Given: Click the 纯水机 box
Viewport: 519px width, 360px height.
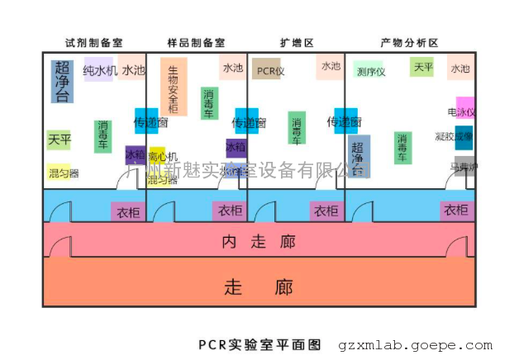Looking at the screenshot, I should pos(100,71).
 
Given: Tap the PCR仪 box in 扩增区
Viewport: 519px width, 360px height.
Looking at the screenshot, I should pos(268,70).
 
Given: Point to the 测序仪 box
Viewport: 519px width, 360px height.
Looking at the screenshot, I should pos(370,71).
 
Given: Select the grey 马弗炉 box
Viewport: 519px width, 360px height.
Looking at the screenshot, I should pos(464,166).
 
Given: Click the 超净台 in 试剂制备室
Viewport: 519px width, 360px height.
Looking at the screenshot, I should pos(62,81).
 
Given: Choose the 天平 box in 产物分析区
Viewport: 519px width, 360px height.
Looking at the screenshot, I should pos(422,67).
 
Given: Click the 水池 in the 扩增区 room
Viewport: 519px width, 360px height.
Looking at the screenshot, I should pos(330,66).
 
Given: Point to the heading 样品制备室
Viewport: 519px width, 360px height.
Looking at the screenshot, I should pos(196,42).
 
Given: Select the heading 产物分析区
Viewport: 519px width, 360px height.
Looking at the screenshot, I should pos(408,42).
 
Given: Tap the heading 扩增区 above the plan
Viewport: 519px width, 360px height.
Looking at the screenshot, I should pos(297,42).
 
